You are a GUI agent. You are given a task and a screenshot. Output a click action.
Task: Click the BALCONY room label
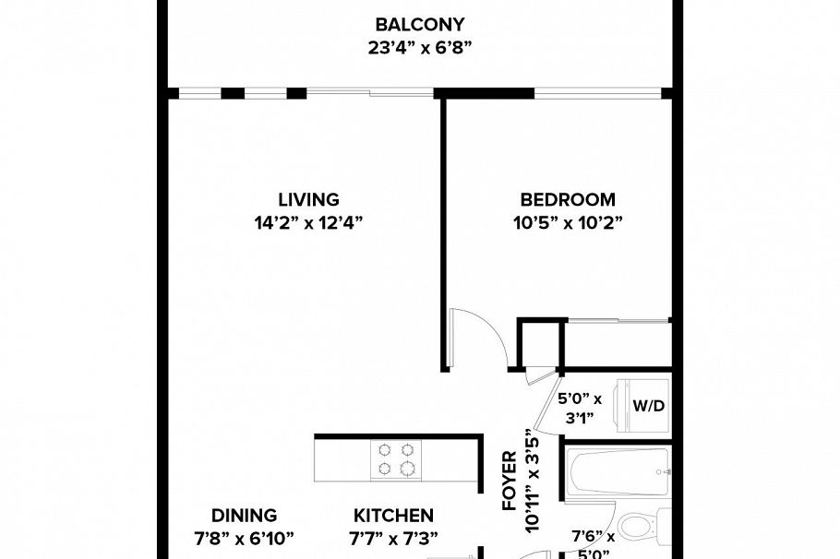419,24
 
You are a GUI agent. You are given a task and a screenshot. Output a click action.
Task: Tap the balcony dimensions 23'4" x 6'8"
419,48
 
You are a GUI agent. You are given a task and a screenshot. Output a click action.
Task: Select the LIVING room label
308,199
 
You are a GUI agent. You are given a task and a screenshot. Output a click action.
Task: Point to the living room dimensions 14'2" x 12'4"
308,223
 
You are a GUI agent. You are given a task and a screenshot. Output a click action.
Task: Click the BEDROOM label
567,199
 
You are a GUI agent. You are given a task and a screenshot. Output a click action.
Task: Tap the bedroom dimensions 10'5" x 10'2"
567,223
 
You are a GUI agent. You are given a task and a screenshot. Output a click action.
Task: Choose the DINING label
244,516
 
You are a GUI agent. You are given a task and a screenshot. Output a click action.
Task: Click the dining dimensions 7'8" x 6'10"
244,539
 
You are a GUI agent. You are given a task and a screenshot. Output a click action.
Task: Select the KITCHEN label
393,516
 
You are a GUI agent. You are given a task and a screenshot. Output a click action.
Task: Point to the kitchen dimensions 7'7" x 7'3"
393,539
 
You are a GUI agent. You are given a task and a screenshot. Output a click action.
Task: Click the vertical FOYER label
509,481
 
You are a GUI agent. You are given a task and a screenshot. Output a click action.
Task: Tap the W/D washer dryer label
646,406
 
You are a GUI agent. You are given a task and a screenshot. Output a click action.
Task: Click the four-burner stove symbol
396,458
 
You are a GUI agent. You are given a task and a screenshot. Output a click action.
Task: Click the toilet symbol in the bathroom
639,527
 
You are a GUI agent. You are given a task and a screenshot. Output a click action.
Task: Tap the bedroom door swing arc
480,337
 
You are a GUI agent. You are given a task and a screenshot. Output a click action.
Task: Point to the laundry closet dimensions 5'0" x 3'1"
580,408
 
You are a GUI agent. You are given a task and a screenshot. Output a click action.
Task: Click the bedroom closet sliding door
617,322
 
